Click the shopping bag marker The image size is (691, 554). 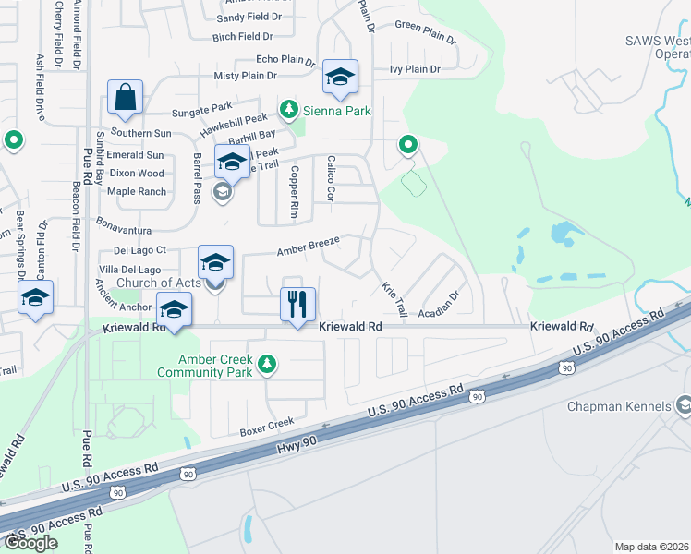(x=125, y=97)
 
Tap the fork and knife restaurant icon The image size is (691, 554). (x=297, y=304)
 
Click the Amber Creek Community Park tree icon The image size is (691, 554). (x=267, y=363)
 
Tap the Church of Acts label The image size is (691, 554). (x=159, y=283)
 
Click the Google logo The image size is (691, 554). (x=30, y=543)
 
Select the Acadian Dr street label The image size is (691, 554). (x=437, y=304)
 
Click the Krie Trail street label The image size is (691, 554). (x=394, y=299)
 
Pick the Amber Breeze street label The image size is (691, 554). (x=309, y=247)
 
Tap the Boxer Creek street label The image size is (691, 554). (x=266, y=427)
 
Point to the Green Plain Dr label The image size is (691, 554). (x=426, y=33)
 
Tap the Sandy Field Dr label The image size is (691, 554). (x=249, y=18)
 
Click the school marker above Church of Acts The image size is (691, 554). (x=216, y=261)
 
